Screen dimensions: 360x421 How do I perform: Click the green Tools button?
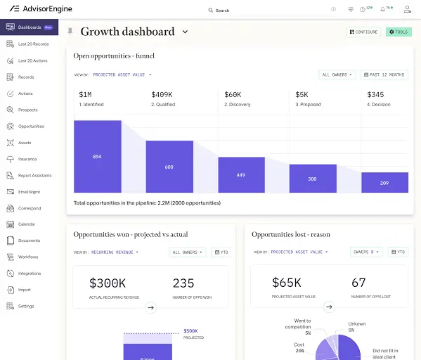tap(399, 32)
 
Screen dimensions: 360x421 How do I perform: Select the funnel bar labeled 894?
tap(97, 156)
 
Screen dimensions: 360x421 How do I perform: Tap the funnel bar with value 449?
tap(241, 174)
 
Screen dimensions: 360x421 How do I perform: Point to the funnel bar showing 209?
tap(384, 182)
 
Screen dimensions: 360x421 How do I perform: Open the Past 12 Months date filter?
tap(384, 75)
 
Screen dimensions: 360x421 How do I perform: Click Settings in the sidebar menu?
tap(25, 306)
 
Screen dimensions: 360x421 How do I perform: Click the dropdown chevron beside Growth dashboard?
tap(186, 32)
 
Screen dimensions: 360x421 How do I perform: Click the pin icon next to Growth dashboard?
tap(70, 32)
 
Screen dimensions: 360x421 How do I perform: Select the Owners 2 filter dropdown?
tap(368, 252)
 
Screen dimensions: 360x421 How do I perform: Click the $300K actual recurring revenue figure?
tap(108, 283)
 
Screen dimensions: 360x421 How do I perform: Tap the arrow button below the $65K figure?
tap(329, 307)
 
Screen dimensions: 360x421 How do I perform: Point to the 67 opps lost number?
tap(358, 283)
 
